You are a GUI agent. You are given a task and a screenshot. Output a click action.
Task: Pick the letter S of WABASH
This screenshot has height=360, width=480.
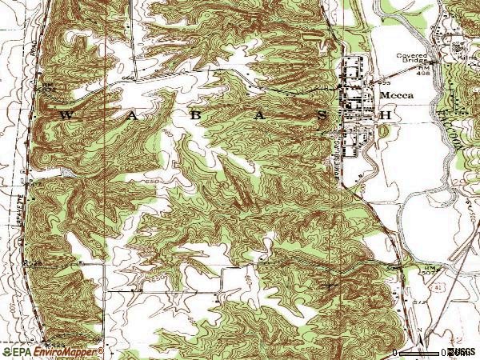(x=322, y=115)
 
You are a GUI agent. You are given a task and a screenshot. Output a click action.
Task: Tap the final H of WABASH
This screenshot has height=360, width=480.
(x=386, y=115)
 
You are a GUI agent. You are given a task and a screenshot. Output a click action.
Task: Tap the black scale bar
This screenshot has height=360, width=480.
(x=419, y=351)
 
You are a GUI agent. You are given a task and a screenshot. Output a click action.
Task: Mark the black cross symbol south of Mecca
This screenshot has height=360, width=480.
(x=330, y=283)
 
